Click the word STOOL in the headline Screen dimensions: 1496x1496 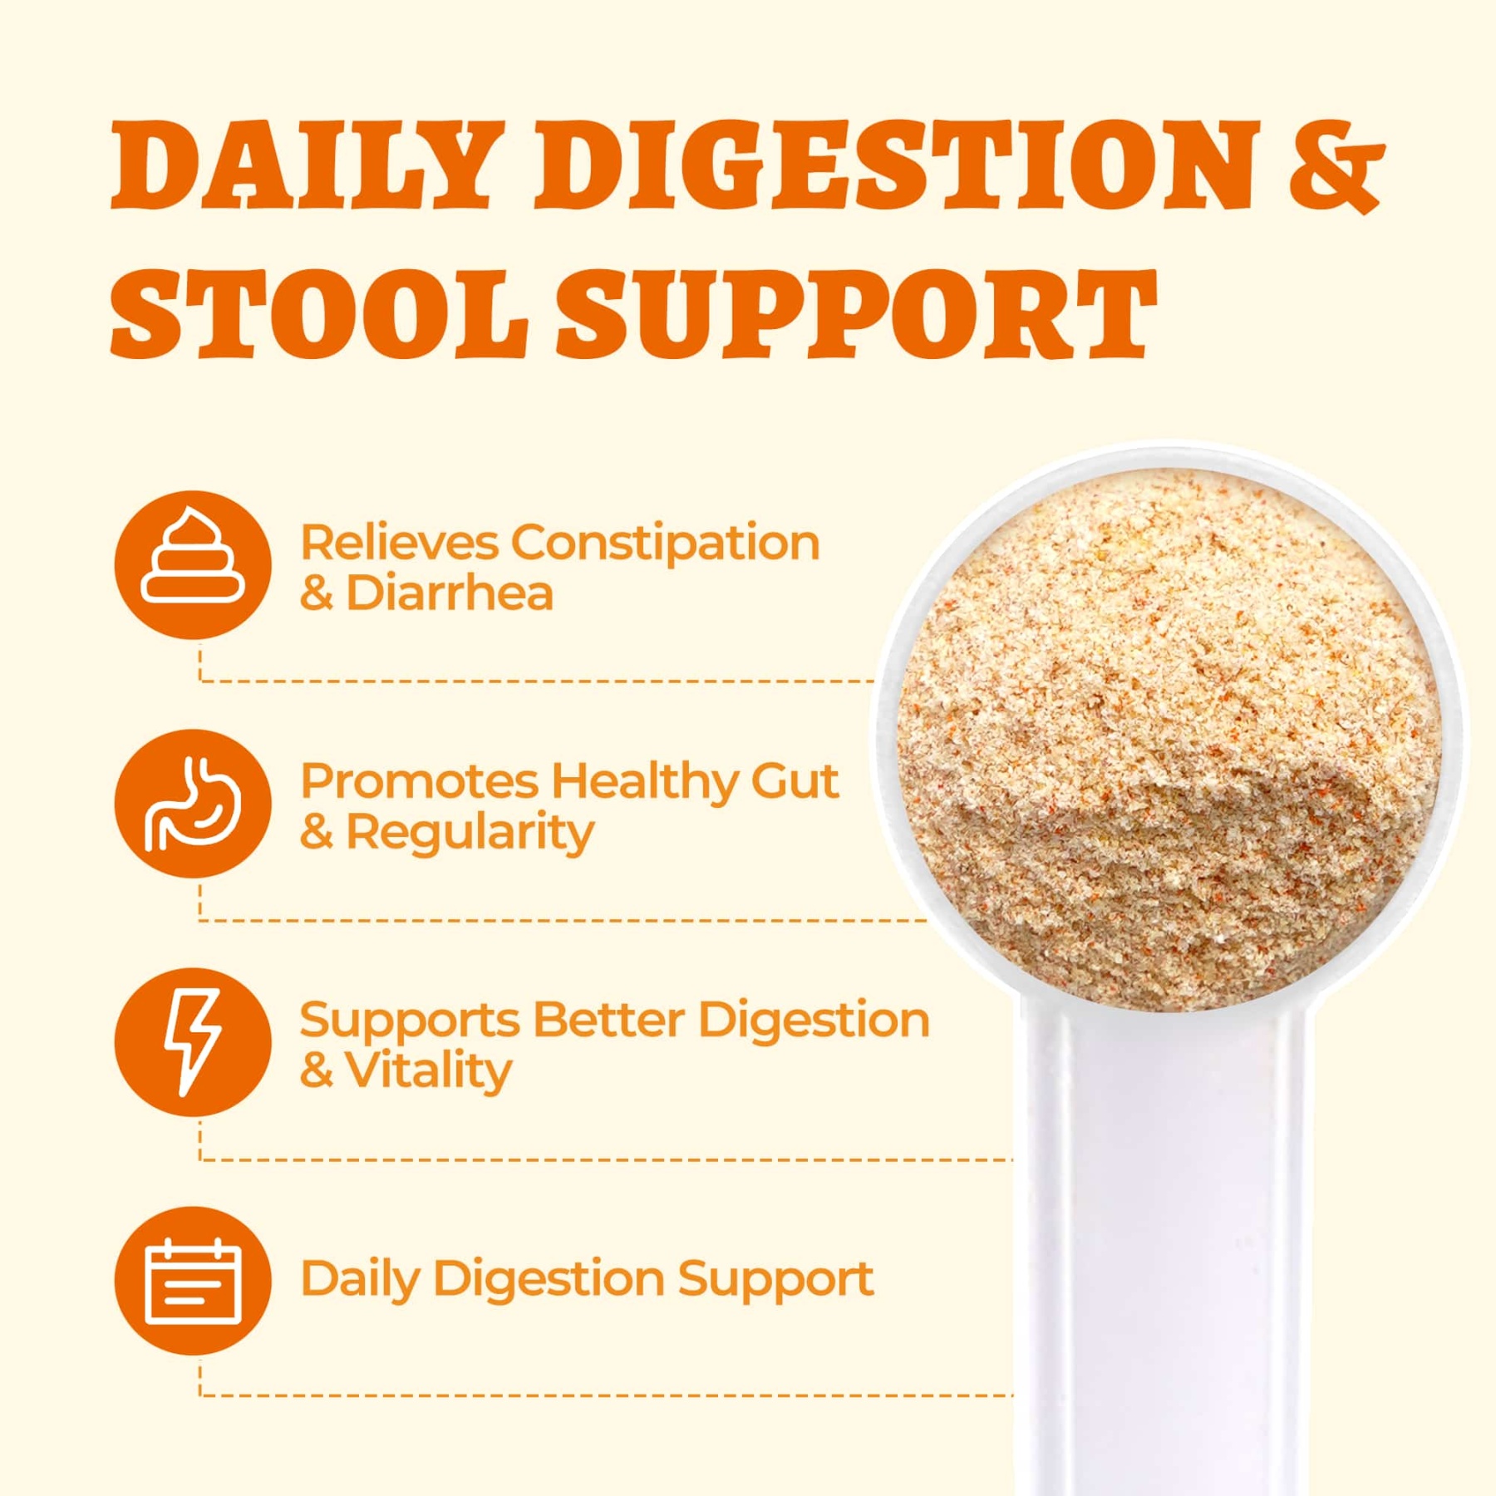click(320, 313)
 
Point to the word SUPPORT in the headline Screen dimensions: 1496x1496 click(856, 313)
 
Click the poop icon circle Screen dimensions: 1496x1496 click(193, 565)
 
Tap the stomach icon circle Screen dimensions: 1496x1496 click(193, 804)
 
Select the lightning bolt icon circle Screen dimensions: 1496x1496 click(193, 1042)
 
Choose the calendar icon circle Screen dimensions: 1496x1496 click(193, 1281)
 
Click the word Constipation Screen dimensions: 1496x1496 click(666, 544)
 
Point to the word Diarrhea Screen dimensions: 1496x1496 click(450, 593)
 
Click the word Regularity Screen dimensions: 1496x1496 click(470, 834)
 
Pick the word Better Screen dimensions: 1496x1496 click(609, 1020)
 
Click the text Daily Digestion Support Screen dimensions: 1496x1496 click(586, 1281)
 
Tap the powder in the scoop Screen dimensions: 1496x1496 click(1168, 740)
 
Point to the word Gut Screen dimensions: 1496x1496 click(795, 783)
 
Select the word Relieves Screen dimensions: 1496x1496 click(399, 544)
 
